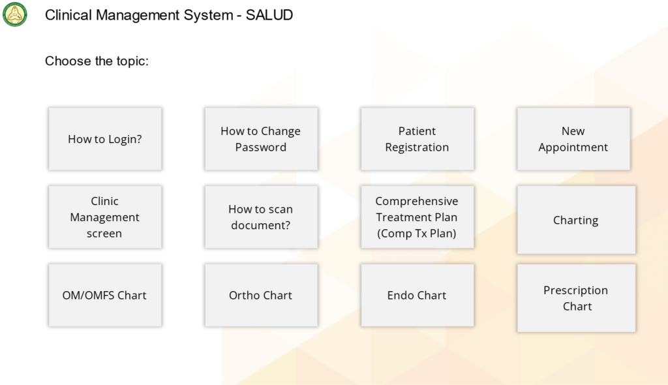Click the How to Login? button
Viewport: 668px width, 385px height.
coord(105,139)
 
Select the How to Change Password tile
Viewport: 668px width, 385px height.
coord(261,139)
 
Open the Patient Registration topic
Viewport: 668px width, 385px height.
coord(417,139)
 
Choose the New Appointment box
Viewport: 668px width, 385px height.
coord(573,139)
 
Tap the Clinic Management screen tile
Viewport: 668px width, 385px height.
coord(105,217)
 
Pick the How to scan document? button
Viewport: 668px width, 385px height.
coord(261,217)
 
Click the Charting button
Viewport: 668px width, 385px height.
coord(576,220)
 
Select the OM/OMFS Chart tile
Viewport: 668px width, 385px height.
coord(105,295)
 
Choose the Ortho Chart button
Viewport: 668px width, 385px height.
coord(261,295)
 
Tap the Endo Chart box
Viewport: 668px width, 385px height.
coord(417,295)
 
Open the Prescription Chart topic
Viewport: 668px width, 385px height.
coord(576,298)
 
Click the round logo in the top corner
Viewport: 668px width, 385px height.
coord(14,14)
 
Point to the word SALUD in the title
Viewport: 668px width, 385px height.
coord(269,15)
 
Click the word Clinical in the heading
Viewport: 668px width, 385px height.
coord(68,15)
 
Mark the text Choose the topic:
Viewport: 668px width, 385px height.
coord(97,61)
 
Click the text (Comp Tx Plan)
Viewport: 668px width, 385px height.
coord(417,233)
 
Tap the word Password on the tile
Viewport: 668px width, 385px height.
coord(261,147)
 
